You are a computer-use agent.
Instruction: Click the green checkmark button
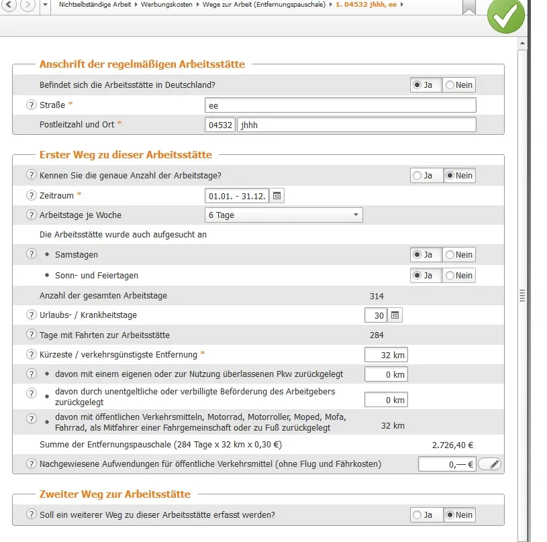[x=505, y=15]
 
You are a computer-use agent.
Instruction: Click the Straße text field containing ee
[x=340, y=105]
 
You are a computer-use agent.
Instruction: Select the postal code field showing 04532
[x=220, y=125]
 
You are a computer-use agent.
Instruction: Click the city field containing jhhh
[x=356, y=125]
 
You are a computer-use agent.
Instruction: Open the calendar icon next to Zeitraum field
[x=277, y=195]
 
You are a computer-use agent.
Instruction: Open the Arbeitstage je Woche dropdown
[x=283, y=215]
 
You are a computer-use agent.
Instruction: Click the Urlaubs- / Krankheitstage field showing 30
[x=375, y=315]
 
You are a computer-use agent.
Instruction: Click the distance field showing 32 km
[x=386, y=355]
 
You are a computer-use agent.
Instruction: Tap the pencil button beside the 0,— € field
[x=490, y=464]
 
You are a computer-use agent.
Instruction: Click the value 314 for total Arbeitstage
[x=377, y=296]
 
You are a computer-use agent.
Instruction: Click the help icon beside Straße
[x=31, y=105]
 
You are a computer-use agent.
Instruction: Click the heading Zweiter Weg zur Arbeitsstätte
[x=115, y=494]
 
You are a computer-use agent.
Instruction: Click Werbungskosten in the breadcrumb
[x=166, y=5]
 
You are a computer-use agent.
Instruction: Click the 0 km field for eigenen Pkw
[x=386, y=375]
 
